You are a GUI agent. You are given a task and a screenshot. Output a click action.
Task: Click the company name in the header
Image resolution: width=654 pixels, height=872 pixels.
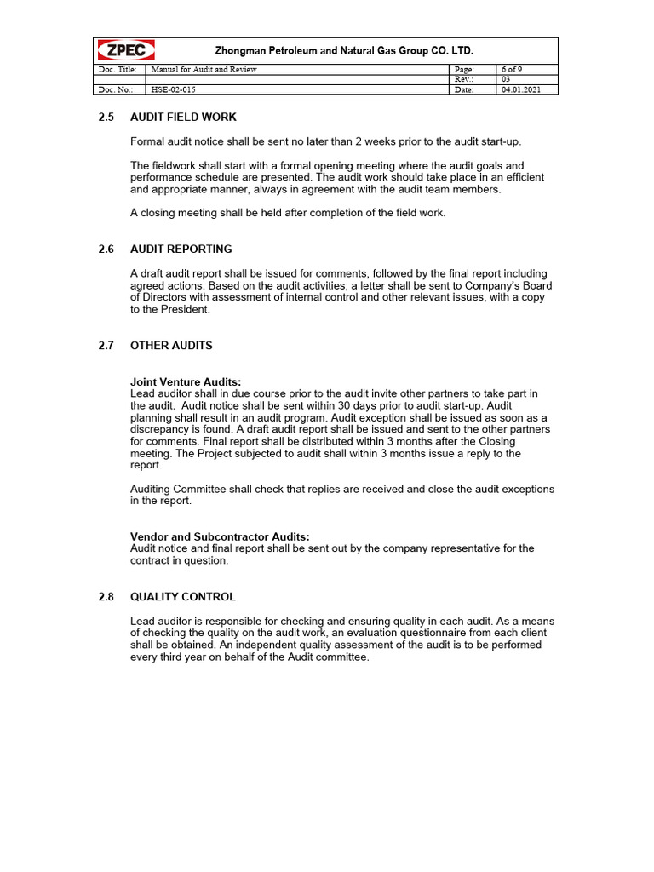point(343,51)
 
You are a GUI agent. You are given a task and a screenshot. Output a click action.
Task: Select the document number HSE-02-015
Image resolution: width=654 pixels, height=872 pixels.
point(167,89)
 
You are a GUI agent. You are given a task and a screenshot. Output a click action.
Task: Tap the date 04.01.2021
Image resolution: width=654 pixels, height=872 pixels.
point(520,89)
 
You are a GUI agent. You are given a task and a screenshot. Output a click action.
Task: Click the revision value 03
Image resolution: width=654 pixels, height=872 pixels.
point(507,79)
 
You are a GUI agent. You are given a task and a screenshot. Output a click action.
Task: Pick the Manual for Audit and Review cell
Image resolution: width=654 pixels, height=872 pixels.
point(204,69)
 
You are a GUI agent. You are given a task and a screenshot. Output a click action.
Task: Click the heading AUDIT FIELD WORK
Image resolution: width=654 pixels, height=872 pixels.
point(183,117)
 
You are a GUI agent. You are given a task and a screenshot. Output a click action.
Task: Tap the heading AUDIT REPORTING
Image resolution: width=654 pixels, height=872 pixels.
point(181,250)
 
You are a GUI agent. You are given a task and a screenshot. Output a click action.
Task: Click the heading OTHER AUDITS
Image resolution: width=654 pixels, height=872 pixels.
point(171,346)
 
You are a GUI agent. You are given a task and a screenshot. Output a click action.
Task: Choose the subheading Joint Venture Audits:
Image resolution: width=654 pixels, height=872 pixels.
point(186,382)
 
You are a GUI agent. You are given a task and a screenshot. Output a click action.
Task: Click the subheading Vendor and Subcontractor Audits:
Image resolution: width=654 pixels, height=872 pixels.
point(220,536)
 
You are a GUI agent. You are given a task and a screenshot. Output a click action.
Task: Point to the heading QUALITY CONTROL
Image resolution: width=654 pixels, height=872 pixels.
point(183,597)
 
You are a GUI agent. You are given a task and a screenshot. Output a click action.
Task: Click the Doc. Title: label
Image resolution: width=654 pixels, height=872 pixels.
point(117,69)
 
